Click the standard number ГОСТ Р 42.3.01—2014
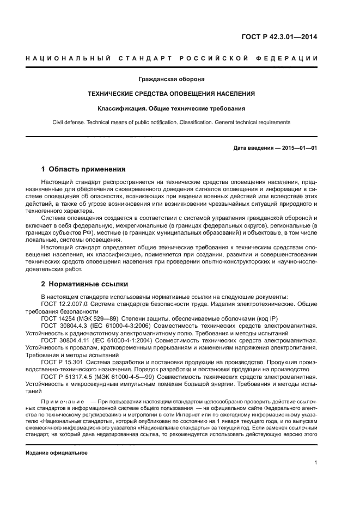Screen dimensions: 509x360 coord(279,38)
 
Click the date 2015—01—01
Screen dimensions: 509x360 coord(298,148)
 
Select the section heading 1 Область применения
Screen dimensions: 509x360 coord(83,169)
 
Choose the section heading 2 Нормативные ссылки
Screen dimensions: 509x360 coord(84,284)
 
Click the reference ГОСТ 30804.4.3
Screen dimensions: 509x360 coord(64,325)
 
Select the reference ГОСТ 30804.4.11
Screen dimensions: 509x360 coord(66,339)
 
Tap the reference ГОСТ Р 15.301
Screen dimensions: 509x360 coord(61,360)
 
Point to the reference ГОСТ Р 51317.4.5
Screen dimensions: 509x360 coord(68,375)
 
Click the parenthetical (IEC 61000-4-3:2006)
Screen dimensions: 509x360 coord(123,325)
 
